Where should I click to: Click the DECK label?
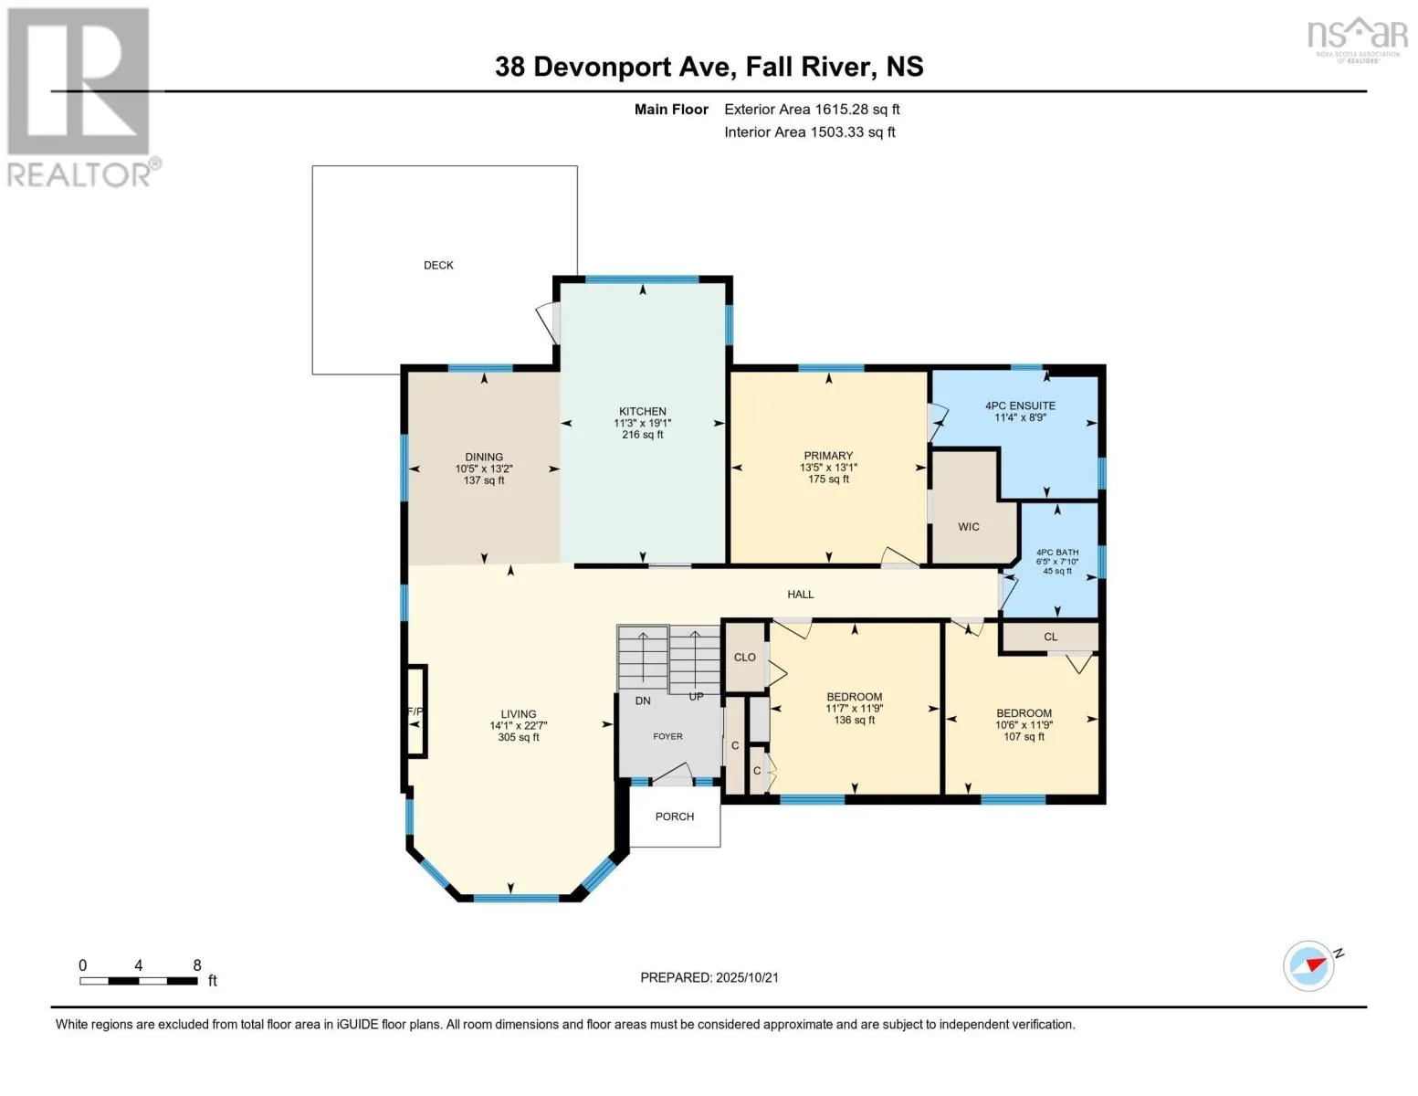click(x=438, y=265)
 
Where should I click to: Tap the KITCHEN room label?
click(x=643, y=412)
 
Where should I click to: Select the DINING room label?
click(x=484, y=457)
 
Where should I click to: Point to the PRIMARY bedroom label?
click(x=828, y=456)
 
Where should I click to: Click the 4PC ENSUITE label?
click(x=1020, y=406)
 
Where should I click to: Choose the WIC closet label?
click(x=969, y=527)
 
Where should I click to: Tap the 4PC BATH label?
click(x=1057, y=553)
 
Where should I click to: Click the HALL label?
click(x=801, y=595)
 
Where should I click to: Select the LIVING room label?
click(x=519, y=714)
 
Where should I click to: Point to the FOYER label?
click(x=667, y=736)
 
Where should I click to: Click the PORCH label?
click(x=675, y=817)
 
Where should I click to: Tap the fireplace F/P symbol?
click(x=415, y=711)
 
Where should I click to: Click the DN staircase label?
click(x=643, y=701)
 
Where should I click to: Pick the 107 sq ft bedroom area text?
click(x=1024, y=736)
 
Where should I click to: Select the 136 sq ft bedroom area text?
click(x=855, y=720)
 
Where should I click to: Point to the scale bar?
click(x=139, y=981)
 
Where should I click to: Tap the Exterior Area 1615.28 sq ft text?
click(x=812, y=110)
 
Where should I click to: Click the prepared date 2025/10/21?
click(x=709, y=977)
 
